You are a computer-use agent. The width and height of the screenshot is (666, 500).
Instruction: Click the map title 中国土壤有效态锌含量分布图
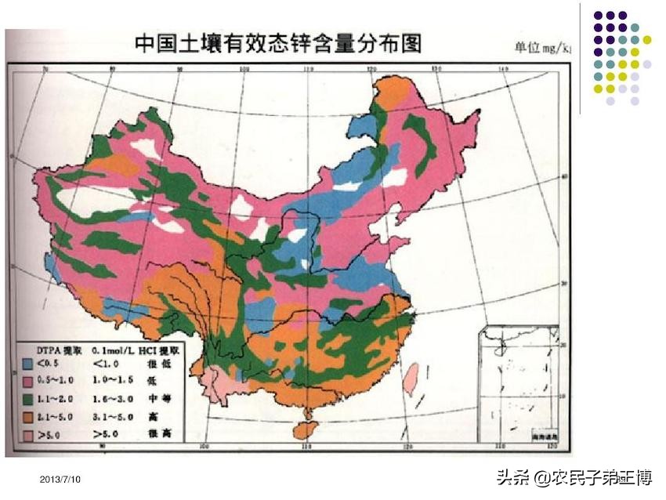tap(278, 42)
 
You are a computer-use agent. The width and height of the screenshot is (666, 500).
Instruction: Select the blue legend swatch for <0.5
tap(27, 364)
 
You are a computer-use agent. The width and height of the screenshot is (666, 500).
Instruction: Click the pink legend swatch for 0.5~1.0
tap(27, 381)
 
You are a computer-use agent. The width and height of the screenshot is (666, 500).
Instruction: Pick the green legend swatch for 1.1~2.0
tap(27, 398)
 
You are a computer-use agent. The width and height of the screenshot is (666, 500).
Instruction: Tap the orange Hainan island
tap(302, 429)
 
